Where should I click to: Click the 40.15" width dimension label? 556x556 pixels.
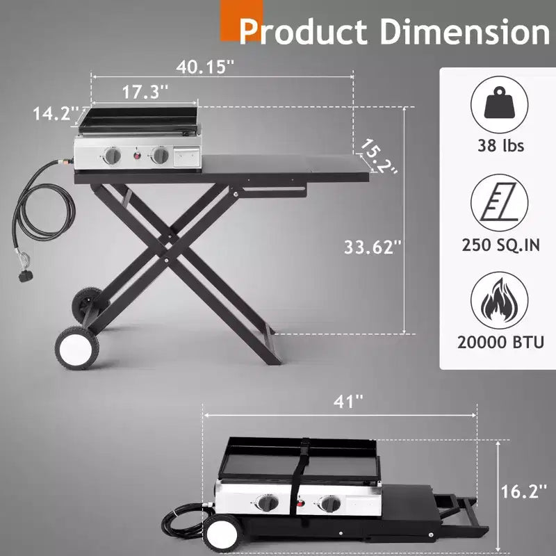click(x=205, y=66)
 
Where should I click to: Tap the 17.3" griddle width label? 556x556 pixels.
click(x=145, y=92)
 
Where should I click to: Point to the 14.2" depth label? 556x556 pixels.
click(x=56, y=114)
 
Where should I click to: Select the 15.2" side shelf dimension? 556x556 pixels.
click(x=378, y=156)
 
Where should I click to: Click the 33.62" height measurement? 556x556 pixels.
click(x=373, y=247)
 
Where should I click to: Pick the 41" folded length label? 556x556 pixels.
click(x=349, y=402)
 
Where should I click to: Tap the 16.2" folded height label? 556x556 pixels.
click(x=524, y=491)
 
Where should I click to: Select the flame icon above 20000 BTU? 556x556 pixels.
click(x=499, y=300)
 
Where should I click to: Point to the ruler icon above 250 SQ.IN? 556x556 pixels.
click(x=499, y=203)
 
